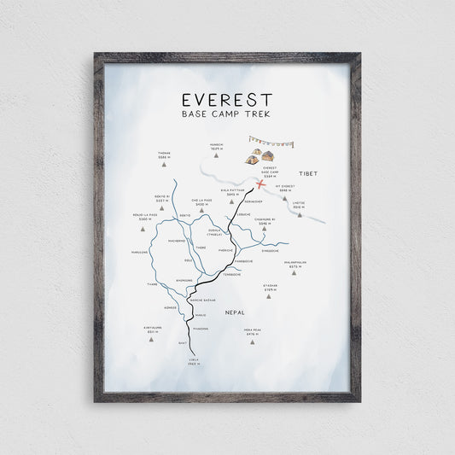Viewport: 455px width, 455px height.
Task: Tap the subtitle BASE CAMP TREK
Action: click(x=227, y=115)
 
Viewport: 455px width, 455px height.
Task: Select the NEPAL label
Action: click(x=236, y=313)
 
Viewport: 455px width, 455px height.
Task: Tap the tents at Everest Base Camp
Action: click(x=260, y=157)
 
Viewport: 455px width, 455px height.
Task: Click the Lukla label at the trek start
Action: click(x=194, y=362)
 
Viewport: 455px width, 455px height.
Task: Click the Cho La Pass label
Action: click(x=201, y=203)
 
